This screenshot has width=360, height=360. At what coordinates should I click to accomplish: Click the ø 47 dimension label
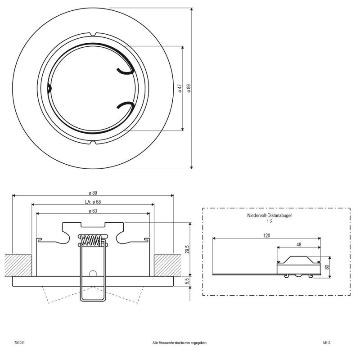pyautogui.click(x=180, y=88)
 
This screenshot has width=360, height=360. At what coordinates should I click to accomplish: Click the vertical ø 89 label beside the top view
pyautogui.click(x=189, y=88)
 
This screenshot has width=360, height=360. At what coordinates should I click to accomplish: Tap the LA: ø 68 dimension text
pyautogui.click(x=92, y=202)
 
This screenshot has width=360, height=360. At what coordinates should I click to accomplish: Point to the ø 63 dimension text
pyautogui.click(x=93, y=211)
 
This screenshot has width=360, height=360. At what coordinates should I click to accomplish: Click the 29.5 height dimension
pyautogui.click(x=187, y=249)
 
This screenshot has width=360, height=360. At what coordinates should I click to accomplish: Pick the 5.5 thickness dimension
pyautogui.click(x=187, y=282)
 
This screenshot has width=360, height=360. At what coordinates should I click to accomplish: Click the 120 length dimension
pyautogui.click(x=266, y=235)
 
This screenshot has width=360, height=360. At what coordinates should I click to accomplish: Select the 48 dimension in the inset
pyautogui.click(x=299, y=245)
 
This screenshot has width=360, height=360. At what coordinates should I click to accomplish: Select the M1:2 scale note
pyautogui.click(x=327, y=343)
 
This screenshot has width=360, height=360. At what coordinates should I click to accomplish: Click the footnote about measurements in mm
pyautogui.click(x=180, y=343)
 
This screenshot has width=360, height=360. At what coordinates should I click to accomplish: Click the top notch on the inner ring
pyautogui.click(x=93, y=34)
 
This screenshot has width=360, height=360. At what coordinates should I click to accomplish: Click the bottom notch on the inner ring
pyautogui.click(x=93, y=143)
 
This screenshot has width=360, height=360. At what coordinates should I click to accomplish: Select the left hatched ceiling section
pyautogui.click(x=18, y=265)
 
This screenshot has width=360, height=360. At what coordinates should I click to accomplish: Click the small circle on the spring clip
pyautogui.click(x=93, y=274)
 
